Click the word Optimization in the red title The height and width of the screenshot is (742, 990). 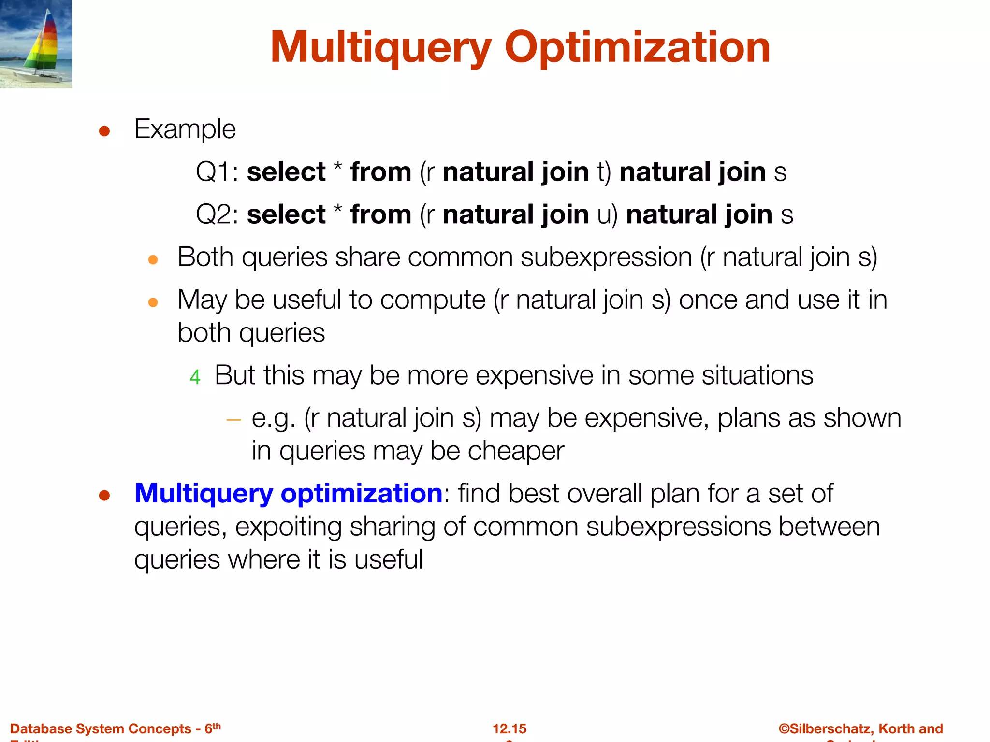[x=637, y=48]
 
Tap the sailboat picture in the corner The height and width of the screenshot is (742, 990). [x=36, y=44]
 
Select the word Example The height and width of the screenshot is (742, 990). [x=185, y=129]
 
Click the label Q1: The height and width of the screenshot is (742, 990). [x=217, y=172]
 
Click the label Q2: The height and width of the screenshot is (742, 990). [x=217, y=215]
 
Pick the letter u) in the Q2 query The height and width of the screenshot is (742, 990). [x=607, y=215]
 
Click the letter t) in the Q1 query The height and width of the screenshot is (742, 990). [x=604, y=172]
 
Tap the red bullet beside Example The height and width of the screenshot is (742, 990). [x=104, y=131]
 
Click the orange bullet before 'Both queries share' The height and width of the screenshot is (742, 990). [x=153, y=260]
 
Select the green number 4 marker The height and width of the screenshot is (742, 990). [x=195, y=377]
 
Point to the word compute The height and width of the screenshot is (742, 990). [x=433, y=300]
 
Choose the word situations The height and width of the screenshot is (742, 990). [x=757, y=375]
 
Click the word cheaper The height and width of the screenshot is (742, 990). [x=515, y=452]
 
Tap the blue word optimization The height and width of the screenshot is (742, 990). [x=361, y=494]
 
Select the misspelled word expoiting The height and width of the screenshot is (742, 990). [x=289, y=527]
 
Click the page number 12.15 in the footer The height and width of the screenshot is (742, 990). [x=510, y=728]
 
